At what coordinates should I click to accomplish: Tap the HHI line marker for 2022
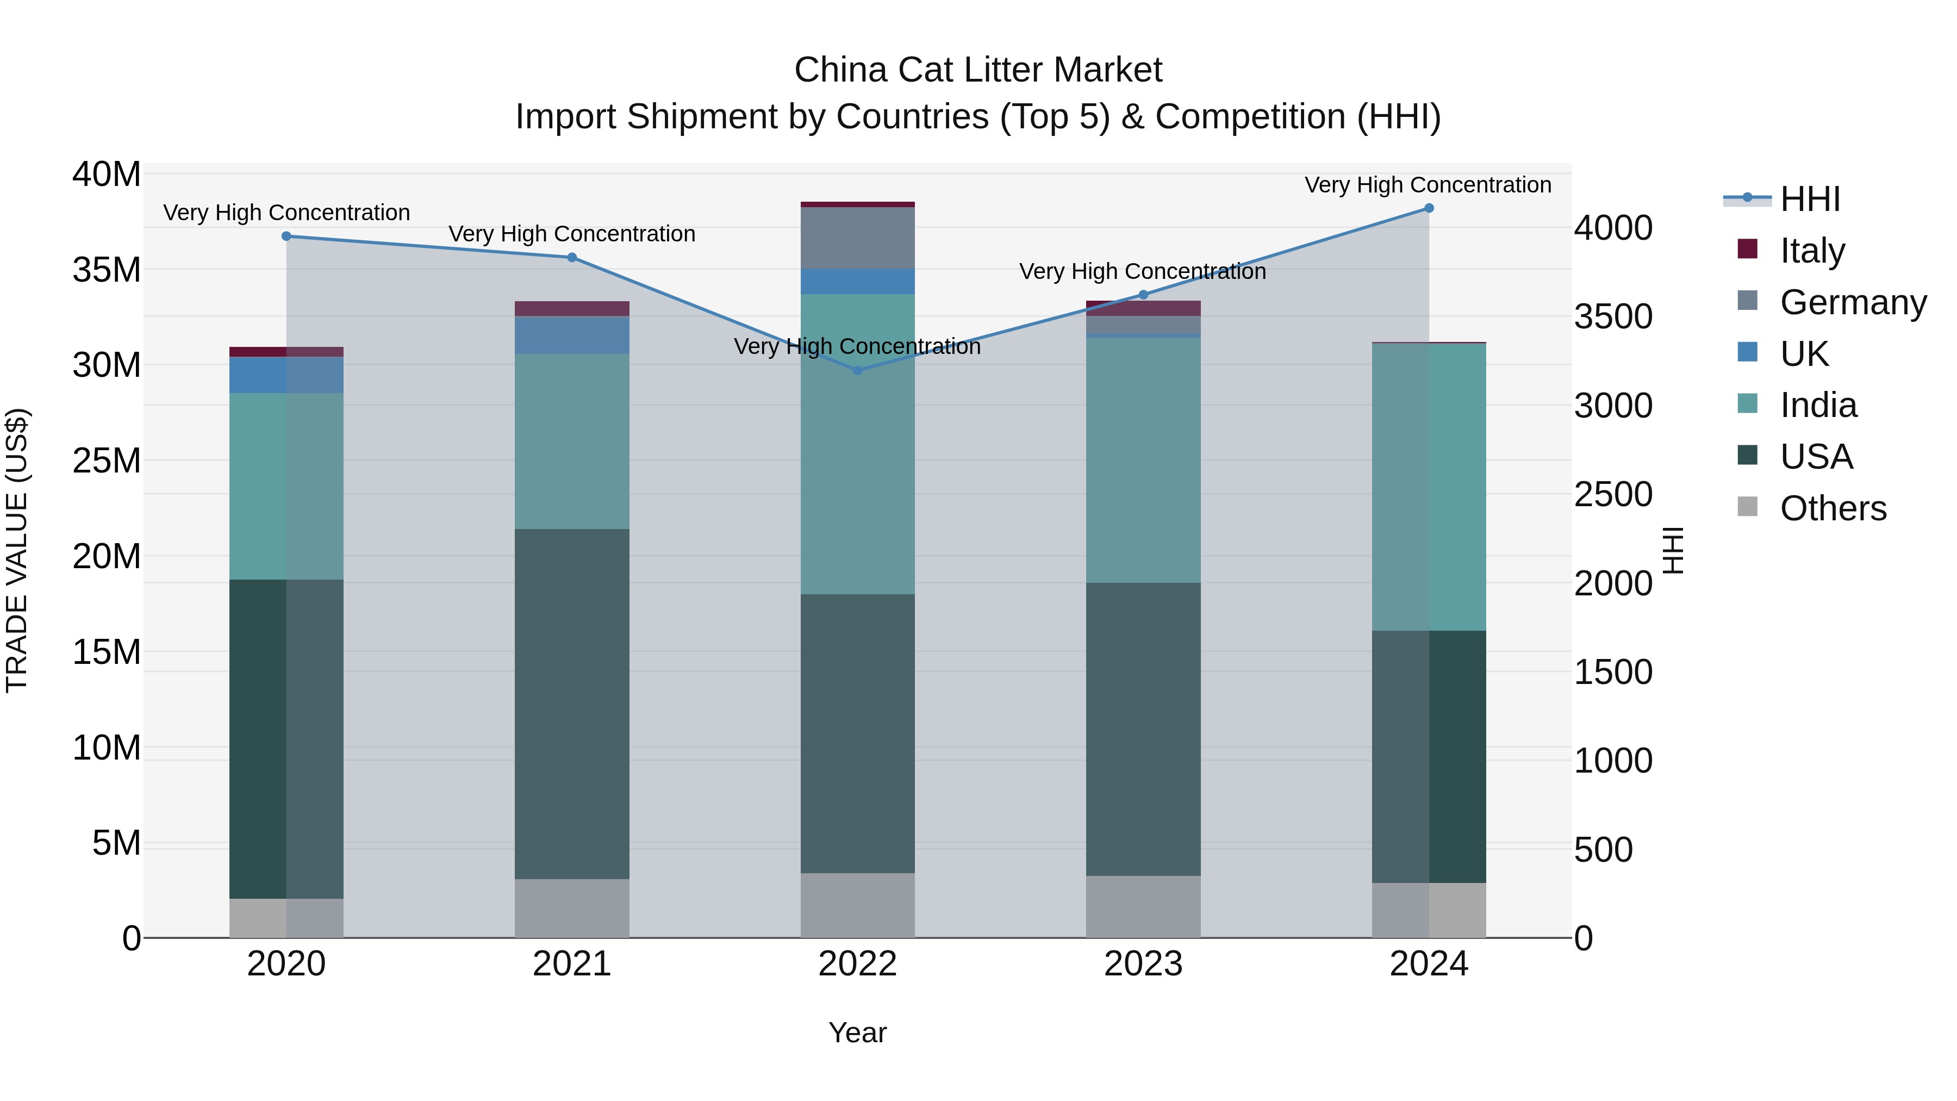pos(858,371)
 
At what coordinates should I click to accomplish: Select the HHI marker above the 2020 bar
pos(286,237)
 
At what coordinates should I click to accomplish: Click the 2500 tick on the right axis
pos(1612,495)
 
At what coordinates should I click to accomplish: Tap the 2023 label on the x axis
pos(1143,964)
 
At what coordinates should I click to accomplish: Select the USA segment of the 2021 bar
pos(572,704)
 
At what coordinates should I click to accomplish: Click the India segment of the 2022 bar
pos(858,445)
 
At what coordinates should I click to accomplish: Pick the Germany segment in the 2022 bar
pos(858,238)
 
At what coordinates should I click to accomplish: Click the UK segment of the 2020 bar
pos(286,375)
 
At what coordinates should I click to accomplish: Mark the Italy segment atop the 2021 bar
pos(572,308)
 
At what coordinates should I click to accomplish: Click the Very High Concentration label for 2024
pos(1428,185)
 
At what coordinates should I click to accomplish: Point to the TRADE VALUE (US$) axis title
pos(17,550)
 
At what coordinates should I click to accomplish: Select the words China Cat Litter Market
pos(978,70)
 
